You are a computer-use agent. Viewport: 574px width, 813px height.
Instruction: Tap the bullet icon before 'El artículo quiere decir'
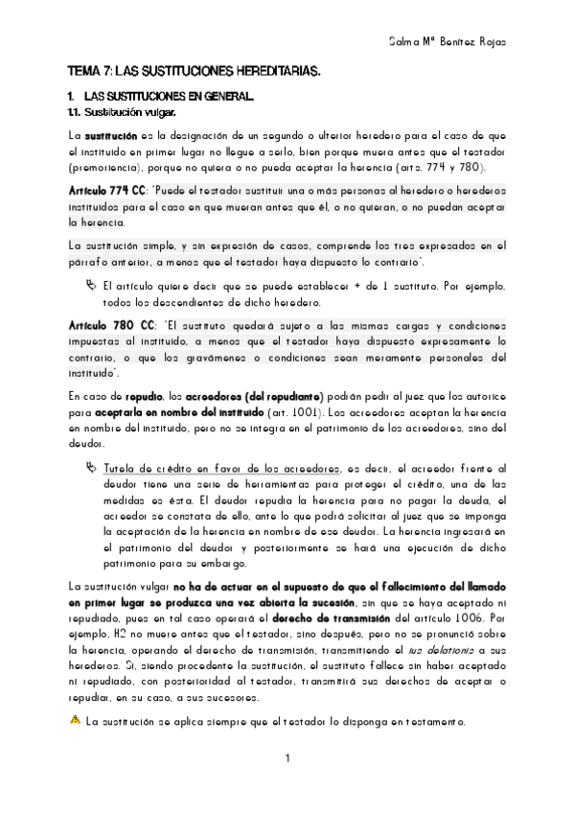[89, 285]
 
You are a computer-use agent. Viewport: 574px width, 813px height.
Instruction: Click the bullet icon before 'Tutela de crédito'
[89, 467]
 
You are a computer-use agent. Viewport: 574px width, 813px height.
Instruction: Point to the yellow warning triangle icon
[75, 720]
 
